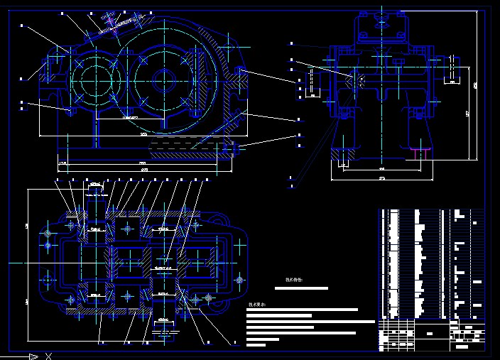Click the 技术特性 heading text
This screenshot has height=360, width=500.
pyautogui.click(x=294, y=280)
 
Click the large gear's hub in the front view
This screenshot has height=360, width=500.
pyautogui.click(x=163, y=78)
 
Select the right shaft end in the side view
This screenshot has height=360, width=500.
pyautogui.click(x=455, y=70)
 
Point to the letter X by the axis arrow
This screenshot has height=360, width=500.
pyautogui.click(x=48, y=356)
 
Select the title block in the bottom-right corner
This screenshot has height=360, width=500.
pyautogui.click(x=433, y=335)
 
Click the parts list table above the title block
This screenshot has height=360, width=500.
pyautogui.click(x=433, y=263)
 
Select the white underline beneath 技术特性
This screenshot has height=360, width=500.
pyautogui.click(x=296, y=288)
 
